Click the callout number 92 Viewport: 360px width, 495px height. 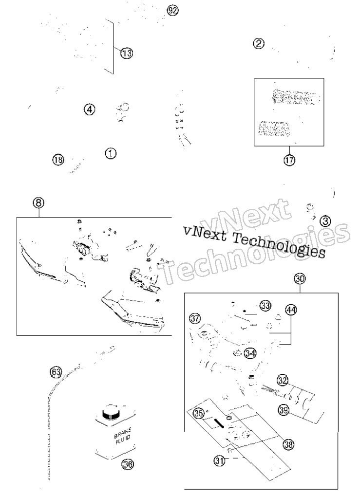tap(172, 10)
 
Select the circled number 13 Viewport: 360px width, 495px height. tap(127, 53)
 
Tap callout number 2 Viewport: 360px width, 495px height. tap(259, 43)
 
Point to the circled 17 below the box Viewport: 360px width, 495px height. tap(289, 160)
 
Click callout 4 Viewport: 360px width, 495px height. tap(90, 110)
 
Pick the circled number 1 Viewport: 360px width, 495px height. tap(111, 153)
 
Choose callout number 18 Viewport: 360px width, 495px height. tap(58, 160)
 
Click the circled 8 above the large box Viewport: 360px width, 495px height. tap(38, 202)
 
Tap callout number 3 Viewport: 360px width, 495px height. tap(325, 221)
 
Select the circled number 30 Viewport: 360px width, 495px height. tap(300, 279)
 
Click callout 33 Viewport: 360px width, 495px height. tap(265, 306)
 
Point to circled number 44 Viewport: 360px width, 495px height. tap(291, 310)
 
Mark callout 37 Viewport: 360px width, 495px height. tap(195, 318)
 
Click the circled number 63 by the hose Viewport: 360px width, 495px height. tap(56, 372)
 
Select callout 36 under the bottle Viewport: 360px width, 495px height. tap(128, 464)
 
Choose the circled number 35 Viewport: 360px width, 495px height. tap(198, 414)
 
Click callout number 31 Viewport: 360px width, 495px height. tap(219, 460)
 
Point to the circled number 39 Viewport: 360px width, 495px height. tap(284, 410)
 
